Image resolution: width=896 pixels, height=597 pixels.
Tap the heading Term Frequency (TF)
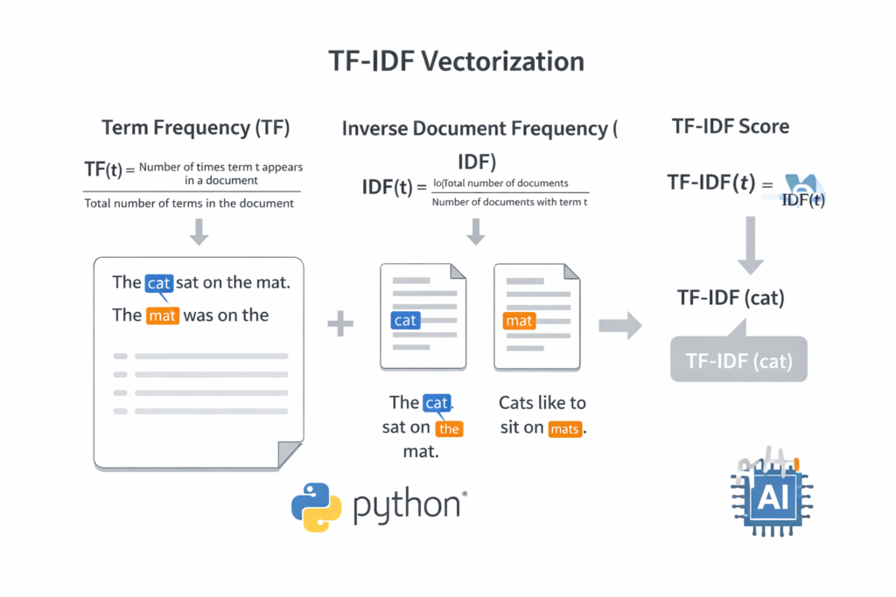point(196,128)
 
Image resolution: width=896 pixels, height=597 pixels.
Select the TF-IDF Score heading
point(731,126)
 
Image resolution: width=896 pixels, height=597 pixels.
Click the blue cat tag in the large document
point(158,282)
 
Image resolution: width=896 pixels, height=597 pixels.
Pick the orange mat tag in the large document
point(163,315)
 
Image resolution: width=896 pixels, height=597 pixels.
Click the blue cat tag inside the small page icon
point(405,320)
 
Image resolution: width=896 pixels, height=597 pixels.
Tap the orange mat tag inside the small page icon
point(519,321)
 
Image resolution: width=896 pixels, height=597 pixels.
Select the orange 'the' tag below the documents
point(449,428)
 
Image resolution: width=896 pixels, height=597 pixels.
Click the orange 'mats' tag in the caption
point(565,428)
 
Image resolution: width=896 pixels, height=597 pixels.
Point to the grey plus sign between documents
point(340,325)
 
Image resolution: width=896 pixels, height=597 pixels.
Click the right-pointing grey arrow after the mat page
point(619,325)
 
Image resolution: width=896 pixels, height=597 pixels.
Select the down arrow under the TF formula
point(199,232)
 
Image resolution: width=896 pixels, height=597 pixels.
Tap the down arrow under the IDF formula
point(476,232)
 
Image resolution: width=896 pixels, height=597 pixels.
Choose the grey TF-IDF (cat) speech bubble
point(738,360)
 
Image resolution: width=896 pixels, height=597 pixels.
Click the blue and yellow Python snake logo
point(316,507)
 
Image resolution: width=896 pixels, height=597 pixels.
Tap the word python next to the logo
point(407,508)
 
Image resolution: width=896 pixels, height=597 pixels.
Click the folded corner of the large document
point(290,455)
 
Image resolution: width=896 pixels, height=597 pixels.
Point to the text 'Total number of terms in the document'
point(189,203)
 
